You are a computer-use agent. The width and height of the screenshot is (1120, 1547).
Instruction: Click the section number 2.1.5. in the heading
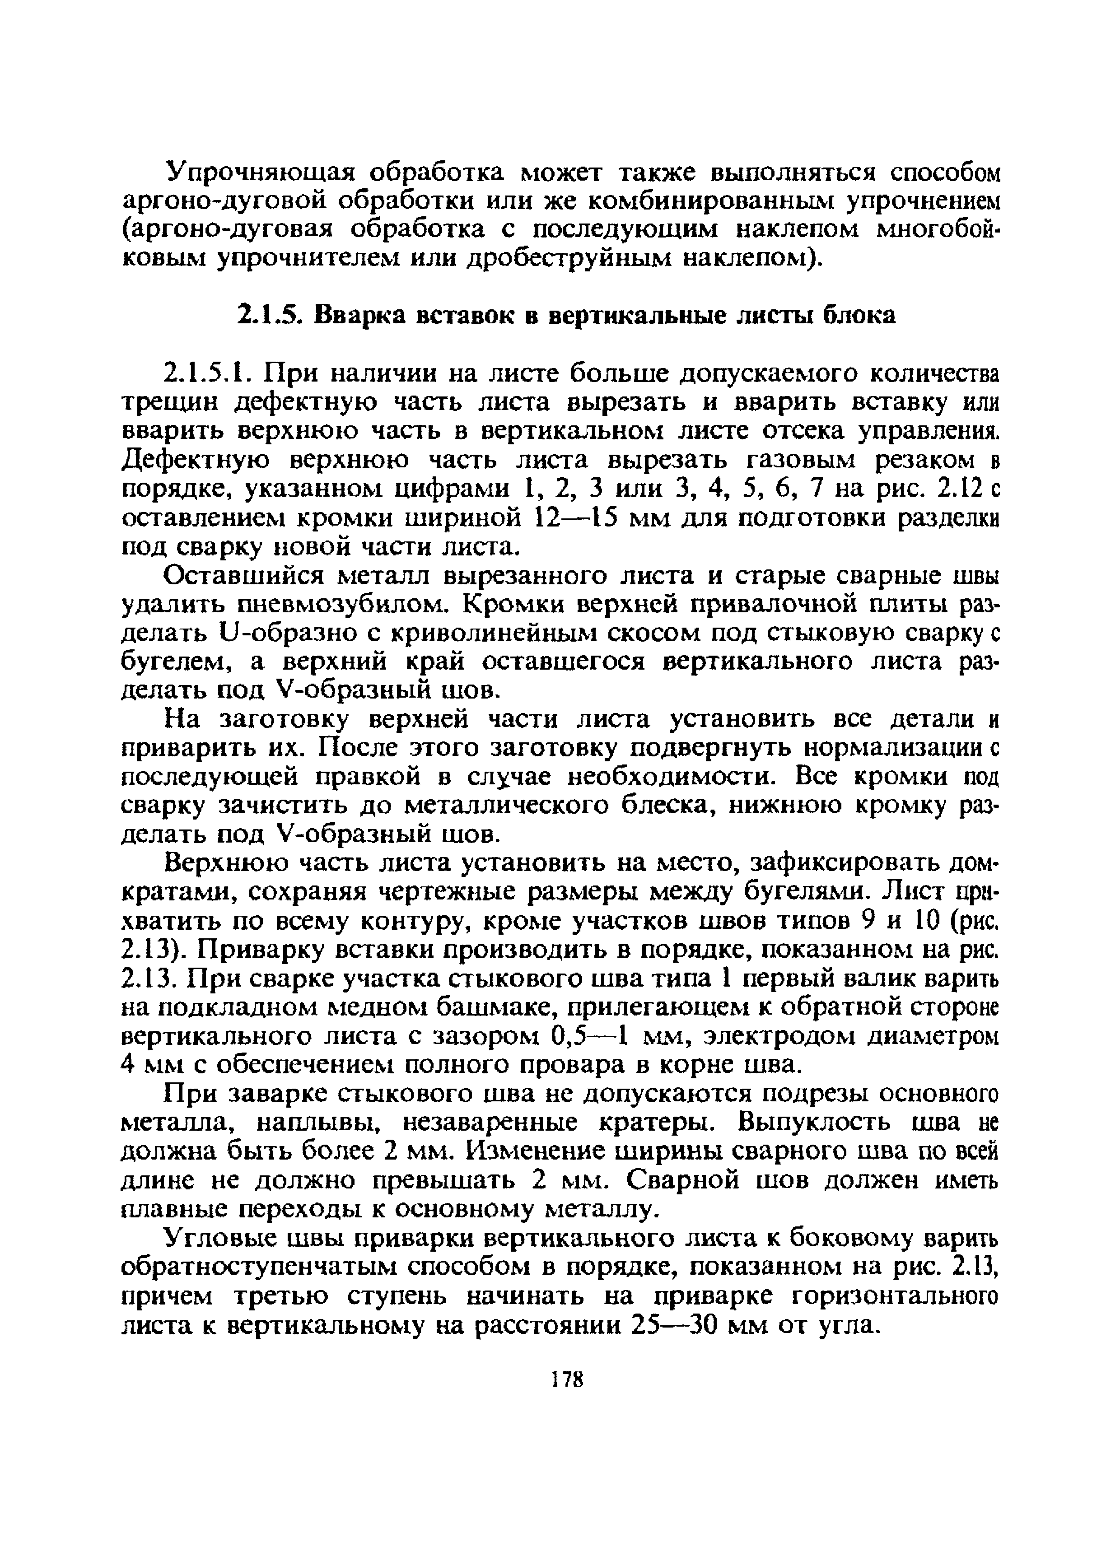tap(268, 316)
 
